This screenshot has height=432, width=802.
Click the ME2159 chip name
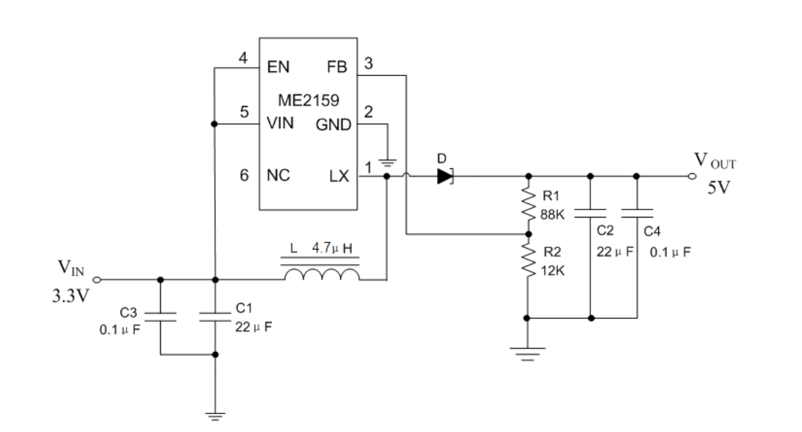point(308,100)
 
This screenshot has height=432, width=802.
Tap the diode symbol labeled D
point(445,177)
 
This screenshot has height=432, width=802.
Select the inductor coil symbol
point(322,275)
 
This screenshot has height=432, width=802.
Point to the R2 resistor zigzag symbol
point(528,259)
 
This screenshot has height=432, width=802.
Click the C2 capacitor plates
point(590,213)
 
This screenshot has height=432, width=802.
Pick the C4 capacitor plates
point(637,213)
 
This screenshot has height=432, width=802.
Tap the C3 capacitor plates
point(160,316)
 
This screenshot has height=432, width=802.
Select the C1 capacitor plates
point(215,316)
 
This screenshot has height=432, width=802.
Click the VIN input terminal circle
point(97,279)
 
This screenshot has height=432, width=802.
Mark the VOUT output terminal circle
point(692,177)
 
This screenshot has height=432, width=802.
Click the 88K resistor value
point(553,215)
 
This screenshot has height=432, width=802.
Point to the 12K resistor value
point(553,270)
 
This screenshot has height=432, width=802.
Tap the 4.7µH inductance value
point(332,249)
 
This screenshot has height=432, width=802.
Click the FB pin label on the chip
point(336,67)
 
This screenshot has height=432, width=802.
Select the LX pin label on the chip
point(338,177)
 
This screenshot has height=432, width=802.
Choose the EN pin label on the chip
point(278,67)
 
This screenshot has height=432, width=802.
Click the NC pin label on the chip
point(278,175)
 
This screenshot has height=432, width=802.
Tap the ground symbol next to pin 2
point(387,164)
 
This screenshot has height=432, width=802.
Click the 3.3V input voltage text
point(71,296)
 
